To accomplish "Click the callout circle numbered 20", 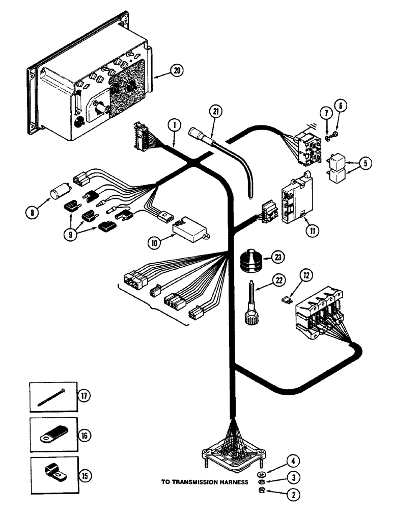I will (x=162, y=71).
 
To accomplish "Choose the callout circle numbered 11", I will (x=312, y=230).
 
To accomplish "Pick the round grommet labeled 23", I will (x=250, y=260).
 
